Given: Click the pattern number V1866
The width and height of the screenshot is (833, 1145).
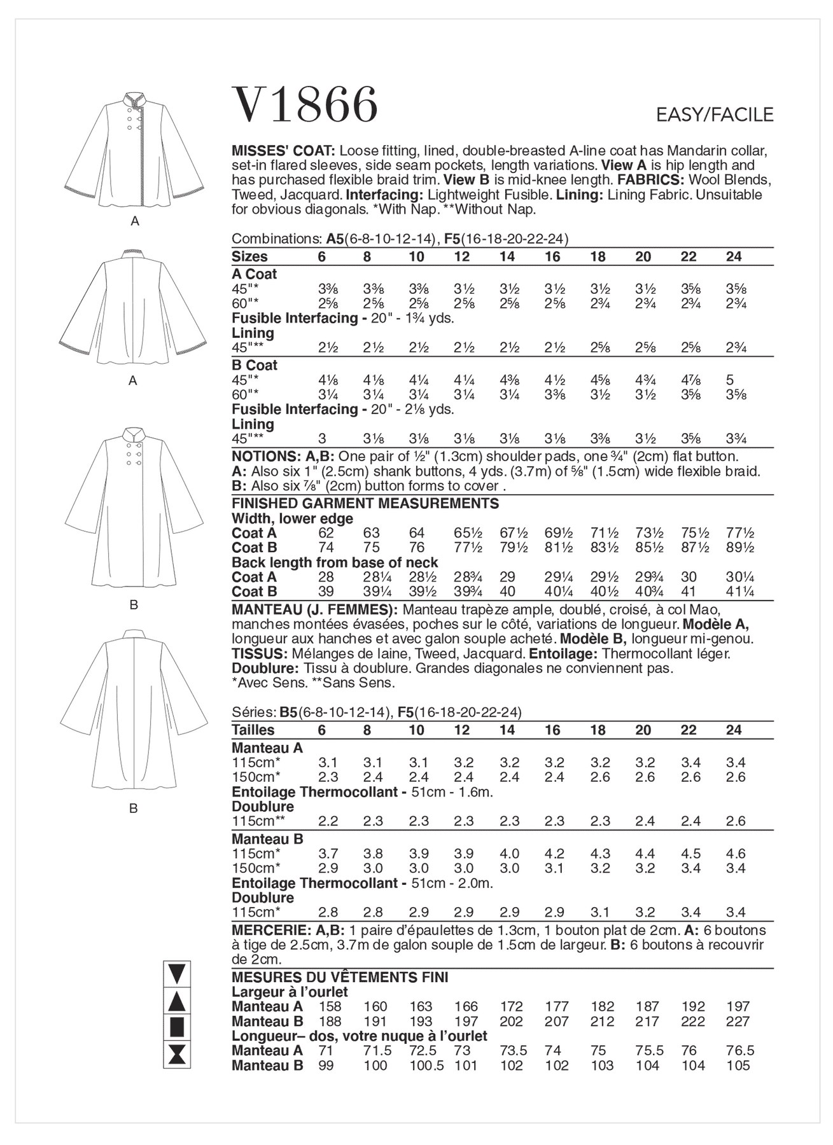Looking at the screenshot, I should pos(305,105).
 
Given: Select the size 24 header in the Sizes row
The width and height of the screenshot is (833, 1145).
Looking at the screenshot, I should pos(734,257).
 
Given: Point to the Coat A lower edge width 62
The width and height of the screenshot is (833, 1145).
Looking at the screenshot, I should pos(326,533).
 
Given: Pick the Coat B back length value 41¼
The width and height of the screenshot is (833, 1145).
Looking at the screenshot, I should pos(739,592).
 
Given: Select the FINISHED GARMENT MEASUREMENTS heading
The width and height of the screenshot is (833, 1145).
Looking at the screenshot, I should pos(365,504).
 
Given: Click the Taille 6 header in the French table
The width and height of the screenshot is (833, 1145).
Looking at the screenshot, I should pos(322,730).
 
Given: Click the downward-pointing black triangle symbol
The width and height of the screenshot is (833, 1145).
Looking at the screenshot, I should pos(177,974).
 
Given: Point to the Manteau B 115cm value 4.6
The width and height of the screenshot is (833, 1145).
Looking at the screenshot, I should pos(735,854).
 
